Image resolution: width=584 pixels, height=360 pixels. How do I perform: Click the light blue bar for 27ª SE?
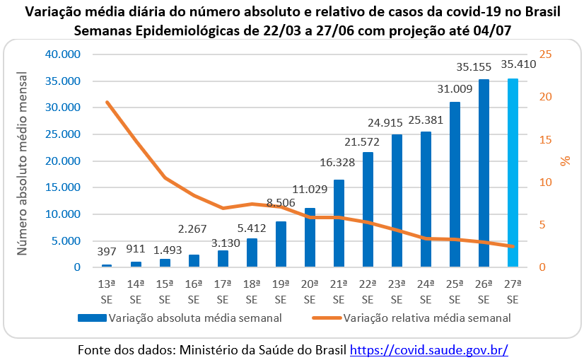(513, 173)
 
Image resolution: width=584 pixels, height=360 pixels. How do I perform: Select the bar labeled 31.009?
(455, 185)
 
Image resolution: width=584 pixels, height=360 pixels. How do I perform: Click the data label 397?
(107, 252)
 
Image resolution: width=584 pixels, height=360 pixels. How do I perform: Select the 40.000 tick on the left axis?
(62, 54)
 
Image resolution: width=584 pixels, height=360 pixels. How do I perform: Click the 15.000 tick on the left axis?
(62, 187)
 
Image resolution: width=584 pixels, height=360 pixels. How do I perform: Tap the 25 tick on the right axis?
(546, 54)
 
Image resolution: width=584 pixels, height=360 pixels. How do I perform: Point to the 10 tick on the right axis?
(546, 182)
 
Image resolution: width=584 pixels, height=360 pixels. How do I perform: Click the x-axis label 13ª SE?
(107, 291)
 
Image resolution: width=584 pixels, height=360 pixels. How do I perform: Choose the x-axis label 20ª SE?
(310, 291)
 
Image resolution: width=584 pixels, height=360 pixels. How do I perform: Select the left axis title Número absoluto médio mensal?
(23, 161)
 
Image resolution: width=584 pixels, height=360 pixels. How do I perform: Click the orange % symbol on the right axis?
(565, 161)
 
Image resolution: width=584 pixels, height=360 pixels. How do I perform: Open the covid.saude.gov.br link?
(429, 349)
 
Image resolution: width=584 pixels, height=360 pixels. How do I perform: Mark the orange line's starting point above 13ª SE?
(107, 103)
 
